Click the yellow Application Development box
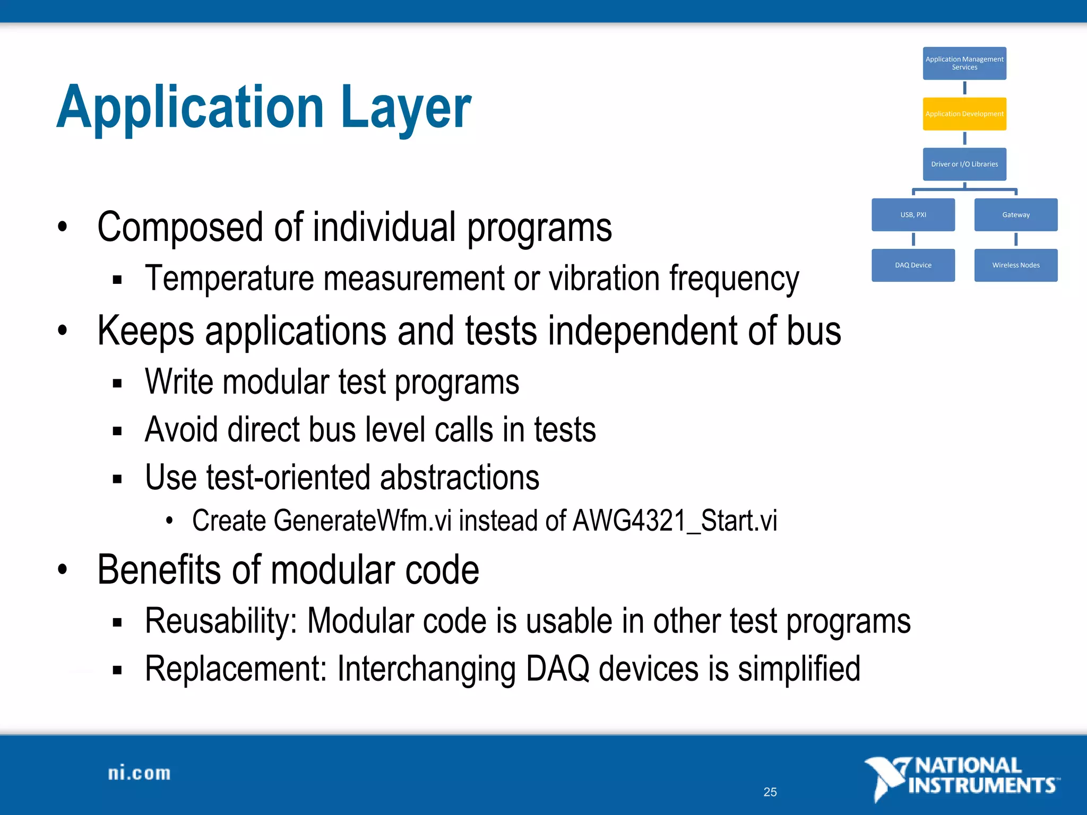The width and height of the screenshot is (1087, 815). coord(964,114)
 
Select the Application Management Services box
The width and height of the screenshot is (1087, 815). coord(964,63)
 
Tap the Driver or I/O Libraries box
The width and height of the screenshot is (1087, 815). coord(964,164)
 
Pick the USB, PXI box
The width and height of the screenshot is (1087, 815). coord(913,214)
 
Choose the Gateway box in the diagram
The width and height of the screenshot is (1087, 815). coord(1015,214)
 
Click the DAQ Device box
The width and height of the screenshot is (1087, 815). coord(913,265)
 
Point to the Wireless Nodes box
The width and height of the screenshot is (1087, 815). coord(1015,265)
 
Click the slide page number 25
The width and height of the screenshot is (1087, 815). coord(770,792)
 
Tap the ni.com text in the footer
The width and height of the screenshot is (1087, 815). coord(139,773)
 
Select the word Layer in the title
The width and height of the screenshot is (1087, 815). coord(406,108)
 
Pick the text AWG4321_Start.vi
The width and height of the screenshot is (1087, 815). coord(675,521)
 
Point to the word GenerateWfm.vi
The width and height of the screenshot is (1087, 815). coord(363,521)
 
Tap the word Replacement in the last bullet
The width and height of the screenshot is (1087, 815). coord(236,669)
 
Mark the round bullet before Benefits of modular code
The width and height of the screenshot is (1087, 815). coord(63,570)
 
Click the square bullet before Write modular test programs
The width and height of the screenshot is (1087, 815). coord(117,383)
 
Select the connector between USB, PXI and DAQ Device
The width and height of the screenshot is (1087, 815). coord(913,239)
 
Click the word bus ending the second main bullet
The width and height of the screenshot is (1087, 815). coord(814,331)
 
